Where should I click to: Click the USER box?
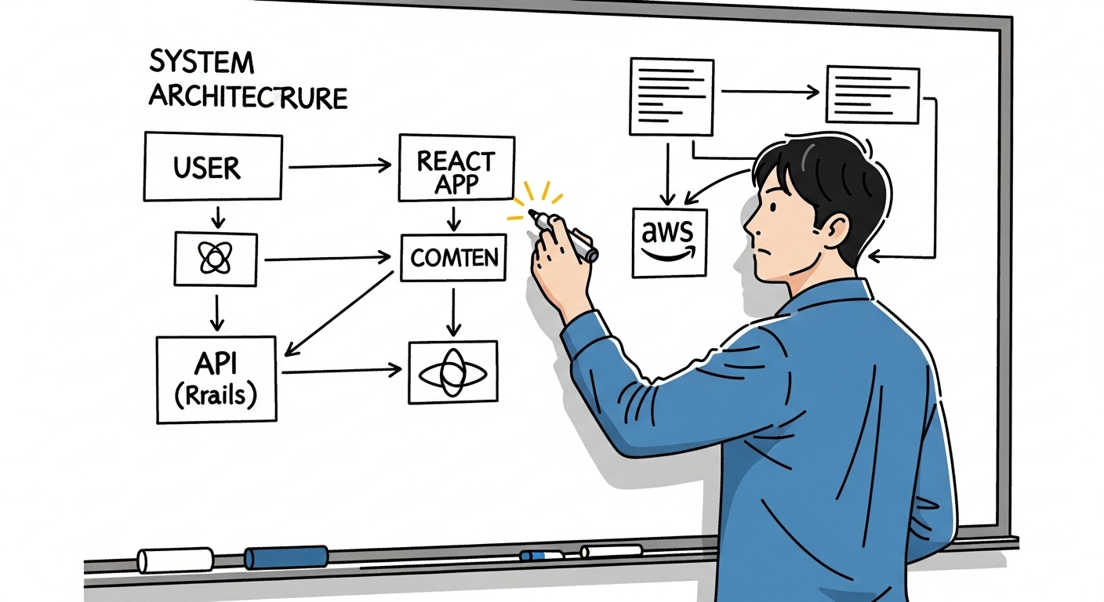(212, 166)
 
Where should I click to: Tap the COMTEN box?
(454, 257)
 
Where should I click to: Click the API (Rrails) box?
(216, 379)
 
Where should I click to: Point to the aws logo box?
(670, 242)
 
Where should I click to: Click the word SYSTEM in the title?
(202, 62)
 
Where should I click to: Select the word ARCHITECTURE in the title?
(248, 96)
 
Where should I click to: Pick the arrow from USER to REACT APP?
(340, 165)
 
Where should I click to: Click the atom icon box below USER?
(215, 258)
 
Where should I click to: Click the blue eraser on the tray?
(286, 557)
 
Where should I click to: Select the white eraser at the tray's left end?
(175, 560)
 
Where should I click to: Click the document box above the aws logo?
(671, 96)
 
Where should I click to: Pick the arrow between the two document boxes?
(769, 92)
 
